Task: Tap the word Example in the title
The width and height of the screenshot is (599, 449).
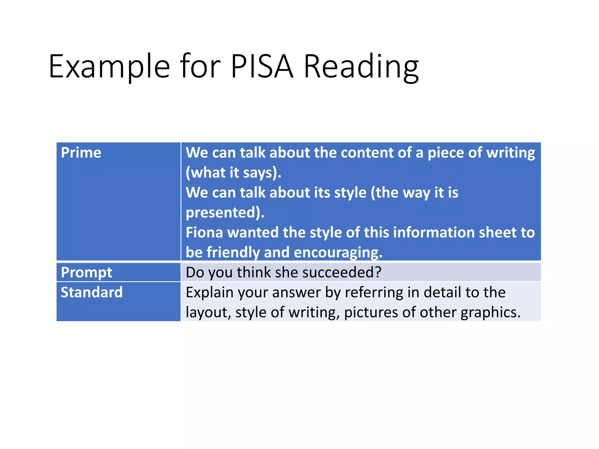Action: click(x=109, y=66)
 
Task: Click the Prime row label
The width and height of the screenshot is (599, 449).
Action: click(x=81, y=153)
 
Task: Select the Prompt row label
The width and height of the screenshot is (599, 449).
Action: click(x=86, y=272)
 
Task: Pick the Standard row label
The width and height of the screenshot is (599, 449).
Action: click(x=92, y=292)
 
